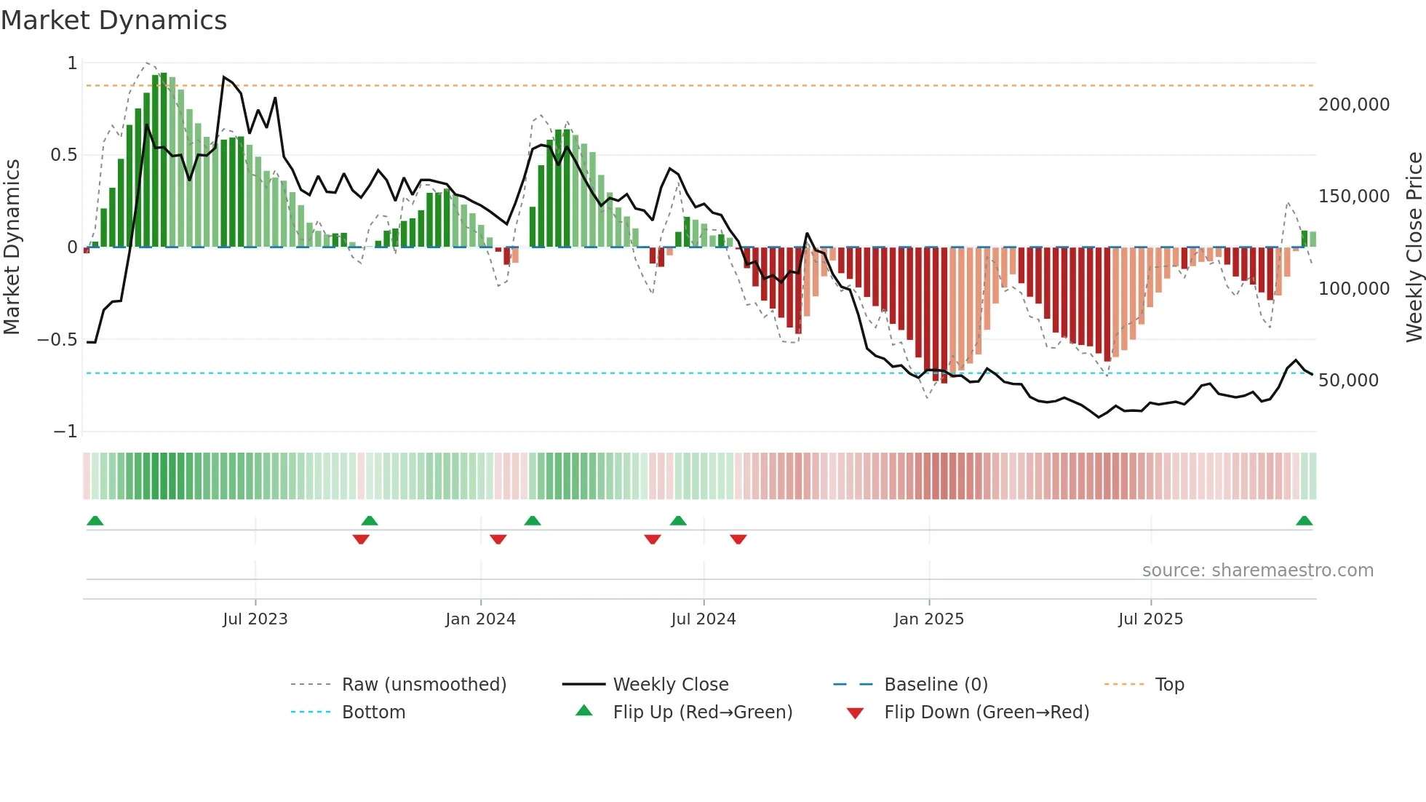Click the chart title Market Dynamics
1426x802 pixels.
(x=114, y=20)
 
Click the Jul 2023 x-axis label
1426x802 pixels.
(x=255, y=619)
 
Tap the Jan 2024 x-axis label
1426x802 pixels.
(x=480, y=619)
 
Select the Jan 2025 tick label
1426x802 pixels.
(x=928, y=619)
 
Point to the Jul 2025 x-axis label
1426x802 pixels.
(x=1150, y=619)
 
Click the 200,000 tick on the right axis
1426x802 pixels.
(x=1353, y=105)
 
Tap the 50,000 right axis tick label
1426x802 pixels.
(x=1348, y=381)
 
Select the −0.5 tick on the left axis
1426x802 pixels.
(x=57, y=340)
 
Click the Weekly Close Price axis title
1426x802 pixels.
(x=1414, y=247)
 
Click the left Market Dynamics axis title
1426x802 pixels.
(x=12, y=247)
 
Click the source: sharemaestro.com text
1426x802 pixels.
(x=1257, y=571)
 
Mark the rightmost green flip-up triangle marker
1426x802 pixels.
(x=1304, y=521)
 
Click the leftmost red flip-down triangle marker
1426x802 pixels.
(x=361, y=539)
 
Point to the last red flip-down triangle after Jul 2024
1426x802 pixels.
(x=738, y=539)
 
